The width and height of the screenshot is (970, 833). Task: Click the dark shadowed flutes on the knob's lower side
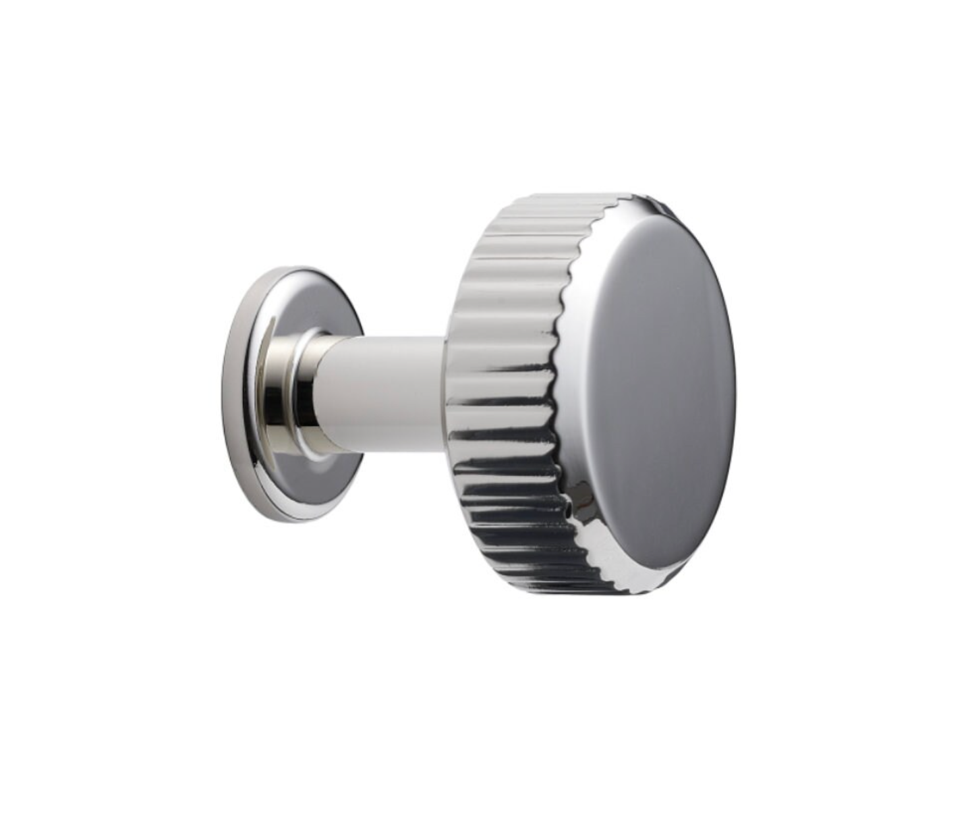pos(513,520)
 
